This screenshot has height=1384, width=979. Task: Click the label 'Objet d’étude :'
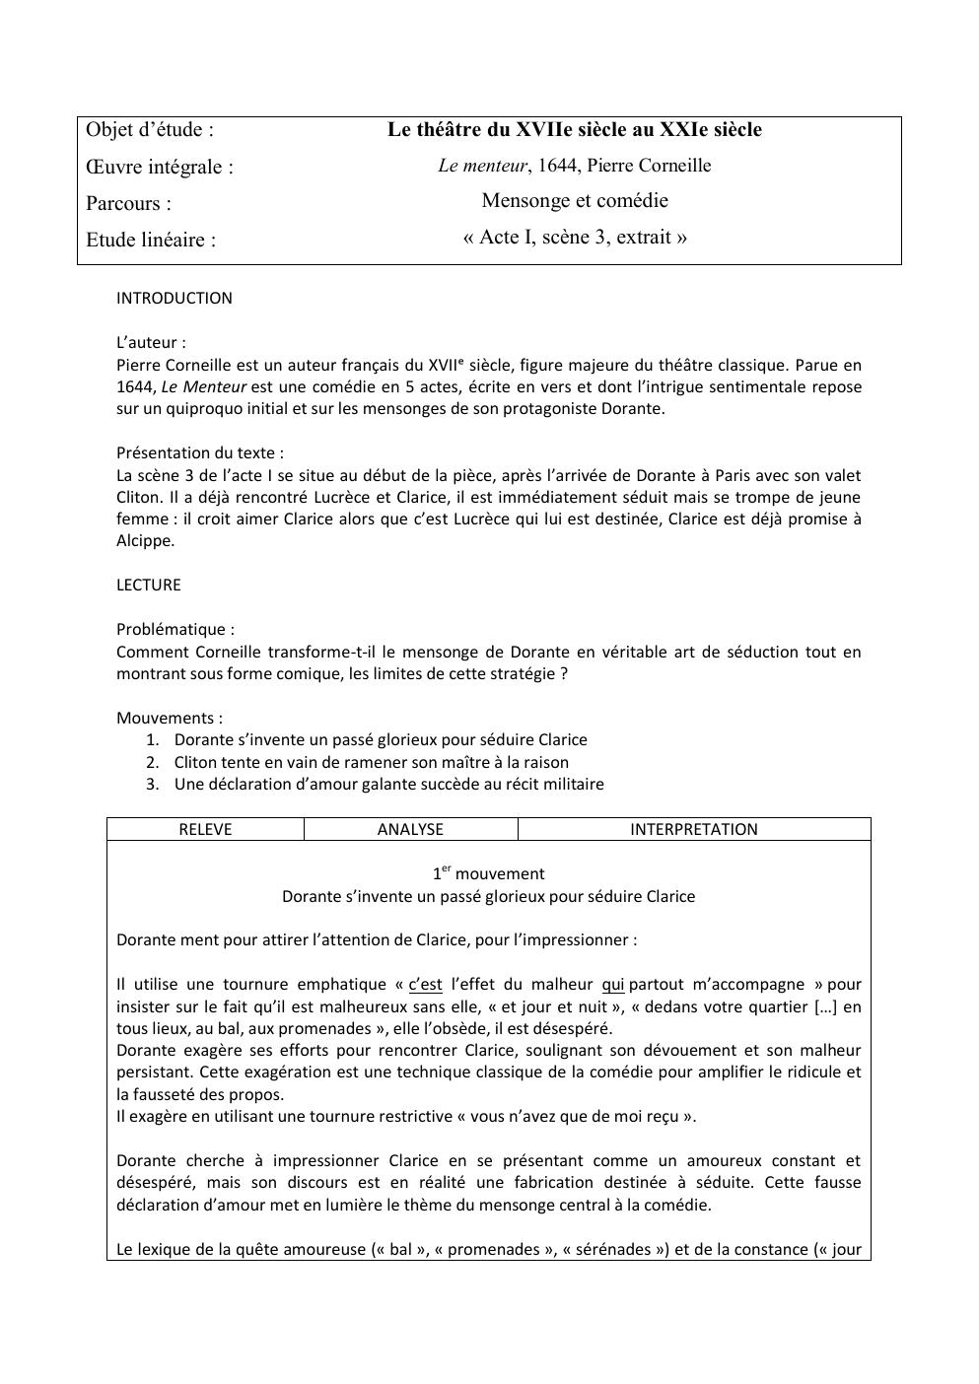click(x=150, y=130)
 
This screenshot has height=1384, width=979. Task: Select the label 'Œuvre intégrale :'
click(x=160, y=167)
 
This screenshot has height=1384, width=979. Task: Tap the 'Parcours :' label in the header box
click(x=128, y=203)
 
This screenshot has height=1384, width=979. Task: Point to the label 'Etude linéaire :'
click(x=151, y=240)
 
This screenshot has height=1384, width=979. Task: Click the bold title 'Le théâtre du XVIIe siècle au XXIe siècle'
click(x=574, y=129)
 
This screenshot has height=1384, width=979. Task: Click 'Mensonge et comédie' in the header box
click(x=574, y=201)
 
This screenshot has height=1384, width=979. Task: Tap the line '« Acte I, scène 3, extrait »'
click(x=574, y=237)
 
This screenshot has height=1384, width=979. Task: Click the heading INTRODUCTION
click(x=175, y=298)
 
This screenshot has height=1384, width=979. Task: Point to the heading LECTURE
click(x=149, y=585)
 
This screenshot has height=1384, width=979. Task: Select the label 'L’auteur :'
click(x=151, y=343)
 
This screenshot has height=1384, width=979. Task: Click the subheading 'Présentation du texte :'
click(x=200, y=453)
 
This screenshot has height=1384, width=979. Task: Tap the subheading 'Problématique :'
click(x=175, y=629)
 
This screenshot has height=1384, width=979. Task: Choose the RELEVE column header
click(x=205, y=829)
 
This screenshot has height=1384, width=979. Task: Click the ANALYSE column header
click(x=410, y=829)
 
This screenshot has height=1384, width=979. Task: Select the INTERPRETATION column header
click(x=694, y=829)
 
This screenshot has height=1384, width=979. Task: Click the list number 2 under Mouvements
click(x=153, y=762)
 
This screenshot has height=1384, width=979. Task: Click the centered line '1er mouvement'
click(x=488, y=873)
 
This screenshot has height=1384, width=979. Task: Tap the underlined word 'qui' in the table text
click(x=612, y=984)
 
